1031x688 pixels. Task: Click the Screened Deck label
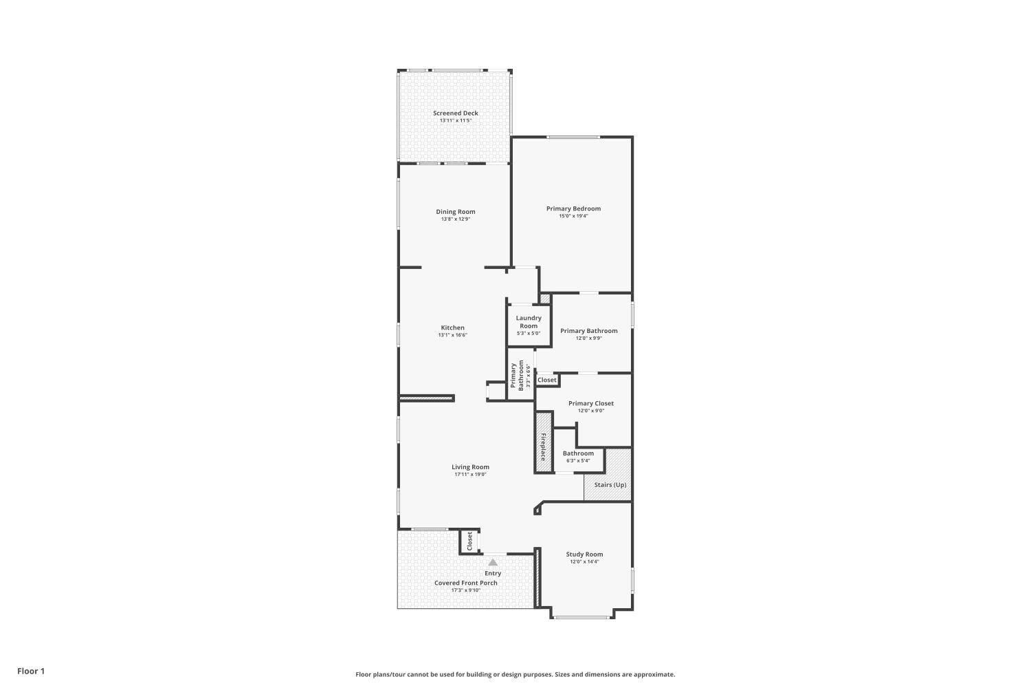pos(455,113)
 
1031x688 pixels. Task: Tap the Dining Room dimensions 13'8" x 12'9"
pos(455,219)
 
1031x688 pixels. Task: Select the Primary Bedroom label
pos(573,208)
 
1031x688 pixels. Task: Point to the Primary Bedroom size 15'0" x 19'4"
pos(573,216)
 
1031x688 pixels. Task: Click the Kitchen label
pos(452,327)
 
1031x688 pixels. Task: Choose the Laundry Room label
pos(529,322)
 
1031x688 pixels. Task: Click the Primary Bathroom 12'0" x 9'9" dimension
pos(588,338)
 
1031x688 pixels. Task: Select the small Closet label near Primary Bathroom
pos(547,380)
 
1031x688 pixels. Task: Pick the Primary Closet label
pos(590,403)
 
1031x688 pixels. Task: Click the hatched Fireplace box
pos(544,442)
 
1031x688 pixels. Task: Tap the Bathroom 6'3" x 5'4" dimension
pos(578,461)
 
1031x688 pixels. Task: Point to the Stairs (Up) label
pos(610,485)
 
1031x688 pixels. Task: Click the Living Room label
pos(470,467)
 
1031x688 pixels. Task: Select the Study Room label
pos(584,554)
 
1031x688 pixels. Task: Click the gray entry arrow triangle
pos(493,562)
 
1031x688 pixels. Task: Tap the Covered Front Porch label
pos(465,583)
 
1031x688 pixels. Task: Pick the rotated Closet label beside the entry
pos(470,541)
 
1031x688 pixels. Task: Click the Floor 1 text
pos(31,671)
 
